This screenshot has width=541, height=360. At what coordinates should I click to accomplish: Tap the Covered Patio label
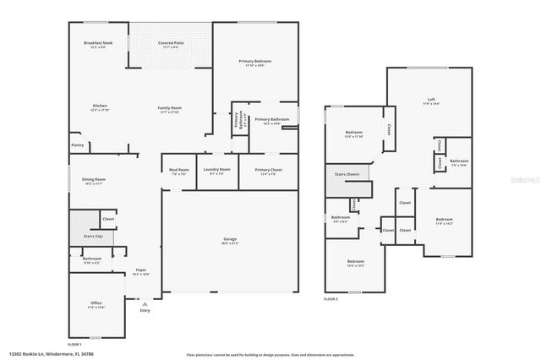171,43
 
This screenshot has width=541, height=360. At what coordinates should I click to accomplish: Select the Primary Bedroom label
254,62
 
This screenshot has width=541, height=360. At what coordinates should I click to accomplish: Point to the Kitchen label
100,106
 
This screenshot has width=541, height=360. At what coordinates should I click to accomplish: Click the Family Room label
170,107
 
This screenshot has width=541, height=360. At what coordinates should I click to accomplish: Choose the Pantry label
77,145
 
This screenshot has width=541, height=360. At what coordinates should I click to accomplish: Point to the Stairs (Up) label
93,236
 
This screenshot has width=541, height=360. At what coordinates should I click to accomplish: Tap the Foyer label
141,271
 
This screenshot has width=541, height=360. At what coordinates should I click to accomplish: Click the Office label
96,304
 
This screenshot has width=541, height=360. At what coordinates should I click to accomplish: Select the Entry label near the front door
145,311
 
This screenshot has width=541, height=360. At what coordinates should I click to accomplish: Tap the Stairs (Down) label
347,174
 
